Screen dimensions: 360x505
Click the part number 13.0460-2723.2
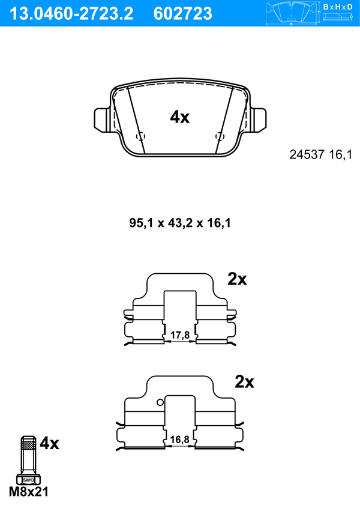[72, 14]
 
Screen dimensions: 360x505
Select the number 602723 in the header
[183, 14]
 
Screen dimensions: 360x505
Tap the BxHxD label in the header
[338, 7]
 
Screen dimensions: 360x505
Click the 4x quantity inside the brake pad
[180, 117]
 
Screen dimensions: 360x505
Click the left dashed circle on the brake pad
[140, 136]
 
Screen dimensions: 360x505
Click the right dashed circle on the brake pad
[220, 136]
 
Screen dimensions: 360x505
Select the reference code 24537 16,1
[321, 155]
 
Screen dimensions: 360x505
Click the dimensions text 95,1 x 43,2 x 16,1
[180, 223]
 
